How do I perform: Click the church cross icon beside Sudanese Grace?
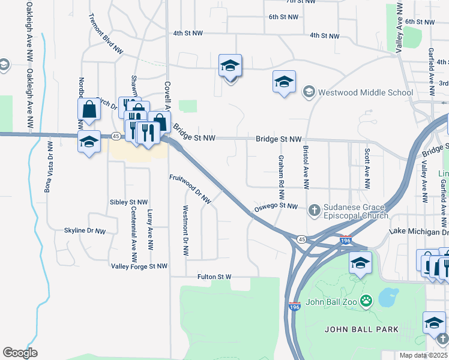(x=313, y=210)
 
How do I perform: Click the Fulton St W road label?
(x=214, y=277)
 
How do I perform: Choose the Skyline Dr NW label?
(x=85, y=230)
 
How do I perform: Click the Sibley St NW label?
(x=128, y=202)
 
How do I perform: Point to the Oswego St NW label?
(x=275, y=206)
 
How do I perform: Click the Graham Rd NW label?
(x=281, y=178)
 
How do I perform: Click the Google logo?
(x=20, y=353)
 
